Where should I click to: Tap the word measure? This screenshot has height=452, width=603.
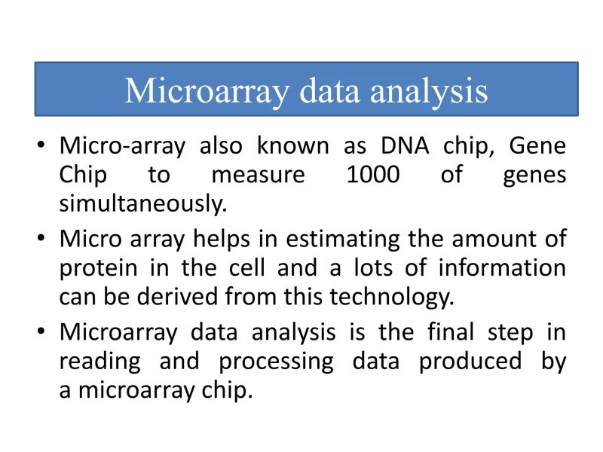pos(258,175)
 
